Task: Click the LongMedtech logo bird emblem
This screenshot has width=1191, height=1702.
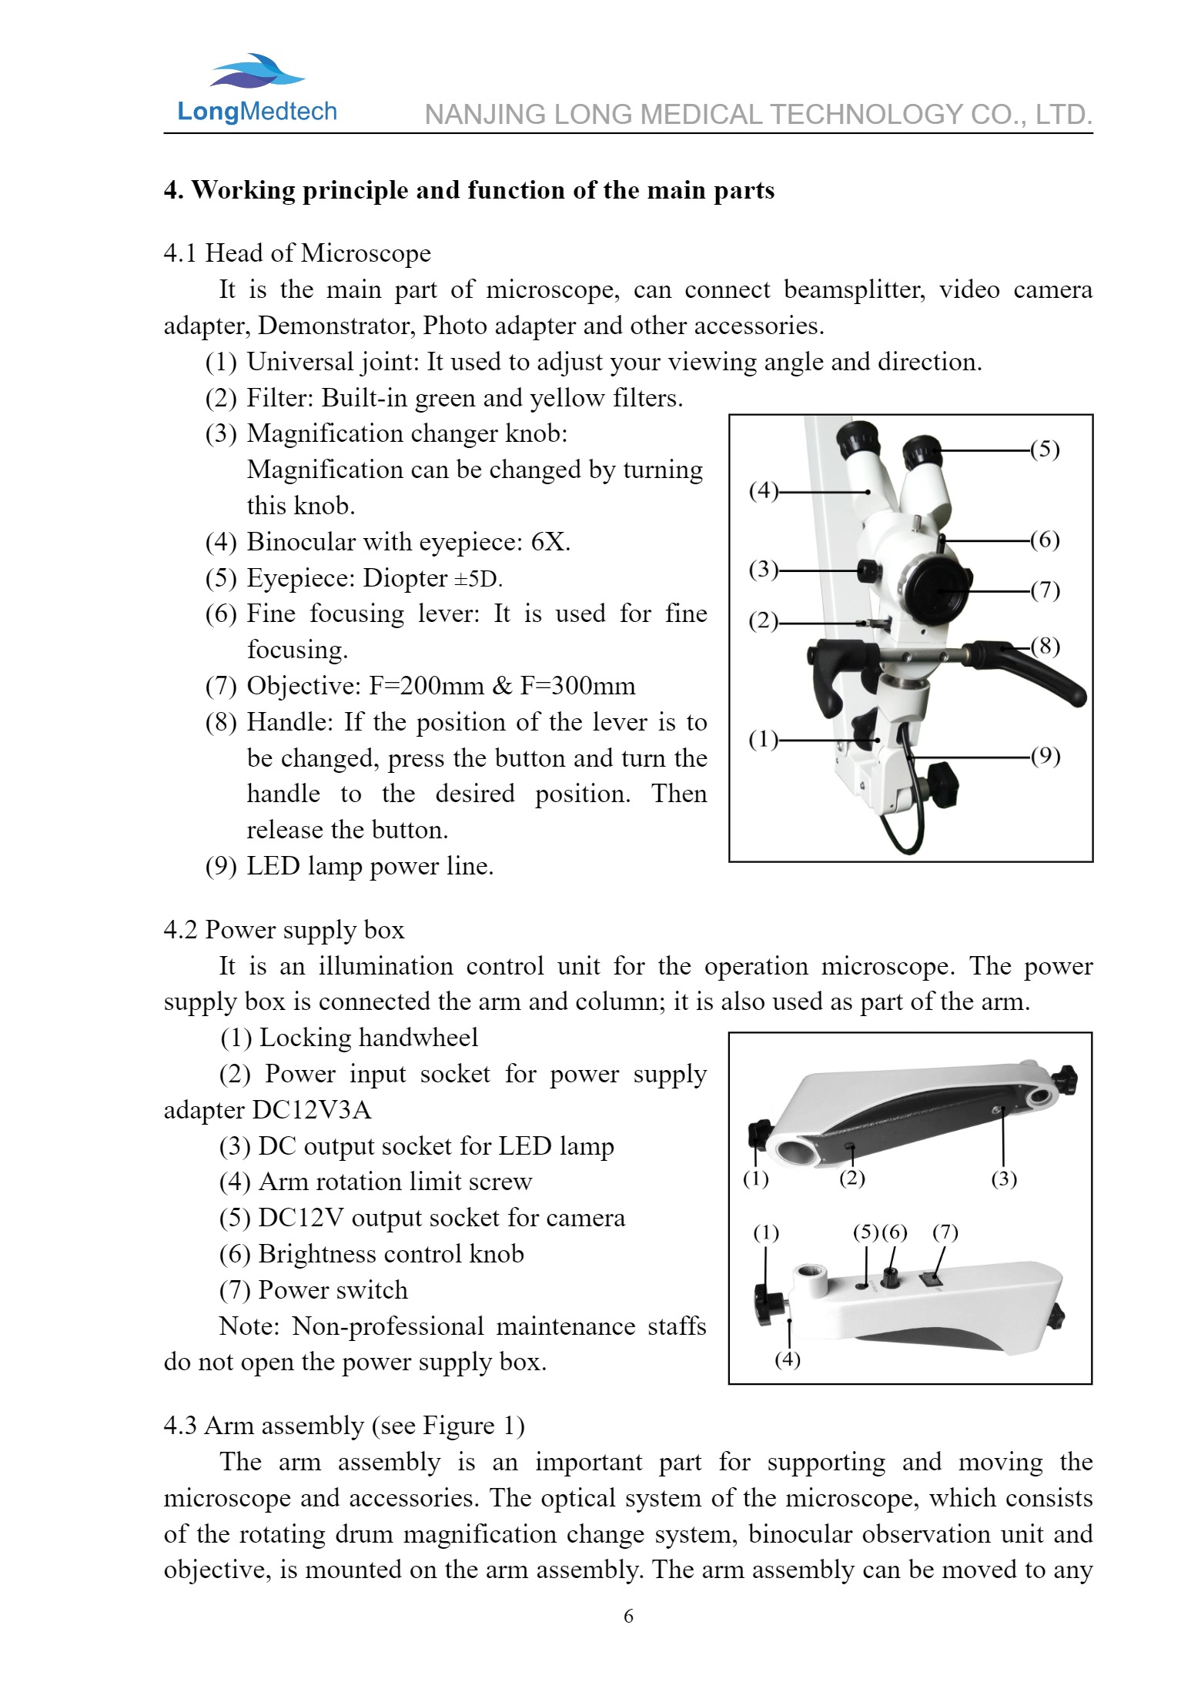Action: [257, 71]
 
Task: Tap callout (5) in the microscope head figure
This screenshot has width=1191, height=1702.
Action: [1045, 450]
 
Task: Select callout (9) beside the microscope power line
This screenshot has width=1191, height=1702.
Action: [1045, 757]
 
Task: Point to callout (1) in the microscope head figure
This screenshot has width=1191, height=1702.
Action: [763, 740]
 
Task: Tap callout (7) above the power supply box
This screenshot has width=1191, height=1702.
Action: [945, 1232]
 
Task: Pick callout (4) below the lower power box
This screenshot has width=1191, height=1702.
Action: [787, 1359]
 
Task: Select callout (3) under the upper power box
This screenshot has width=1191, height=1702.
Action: [1003, 1179]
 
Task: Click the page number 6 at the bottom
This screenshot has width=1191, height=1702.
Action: [628, 1616]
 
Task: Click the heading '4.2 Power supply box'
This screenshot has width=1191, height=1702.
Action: [283, 930]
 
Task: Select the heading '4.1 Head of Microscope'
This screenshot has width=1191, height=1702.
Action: [296, 253]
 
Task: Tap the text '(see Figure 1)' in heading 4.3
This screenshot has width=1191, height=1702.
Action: [448, 1426]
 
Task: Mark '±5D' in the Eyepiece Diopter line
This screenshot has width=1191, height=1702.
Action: [478, 578]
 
